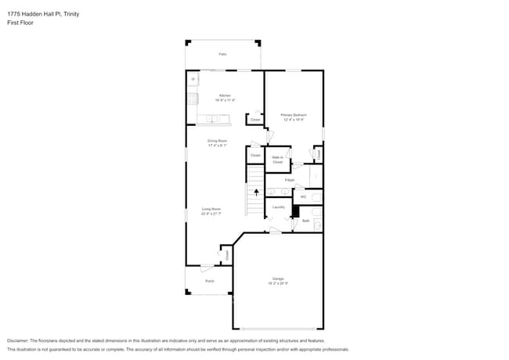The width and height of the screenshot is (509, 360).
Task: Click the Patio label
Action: pyautogui.click(x=222, y=54)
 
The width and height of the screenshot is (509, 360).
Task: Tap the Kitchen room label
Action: pyautogui.click(x=225, y=95)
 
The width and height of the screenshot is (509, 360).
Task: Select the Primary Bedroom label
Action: pyautogui.click(x=294, y=115)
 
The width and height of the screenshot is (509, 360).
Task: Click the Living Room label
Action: pyautogui.click(x=211, y=209)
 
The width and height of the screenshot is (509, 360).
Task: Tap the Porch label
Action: pyautogui.click(x=209, y=281)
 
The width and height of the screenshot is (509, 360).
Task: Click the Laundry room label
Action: pyautogui.click(x=278, y=207)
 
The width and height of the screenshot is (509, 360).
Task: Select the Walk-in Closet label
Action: pyautogui.click(x=277, y=159)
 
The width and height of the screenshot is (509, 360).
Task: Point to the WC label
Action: pyautogui.click(x=303, y=196)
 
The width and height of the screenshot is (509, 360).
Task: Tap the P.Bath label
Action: pyautogui.click(x=290, y=180)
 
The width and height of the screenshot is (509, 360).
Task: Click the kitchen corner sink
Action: pyautogui.click(x=192, y=79)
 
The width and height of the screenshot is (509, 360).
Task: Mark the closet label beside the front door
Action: pyautogui.click(x=227, y=255)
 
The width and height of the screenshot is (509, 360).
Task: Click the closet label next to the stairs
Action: pyautogui.click(x=255, y=156)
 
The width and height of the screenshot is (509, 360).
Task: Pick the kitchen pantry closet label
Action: pyautogui.click(x=255, y=120)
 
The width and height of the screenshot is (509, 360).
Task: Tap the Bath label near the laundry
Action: pyautogui.click(x=305, y=221)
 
